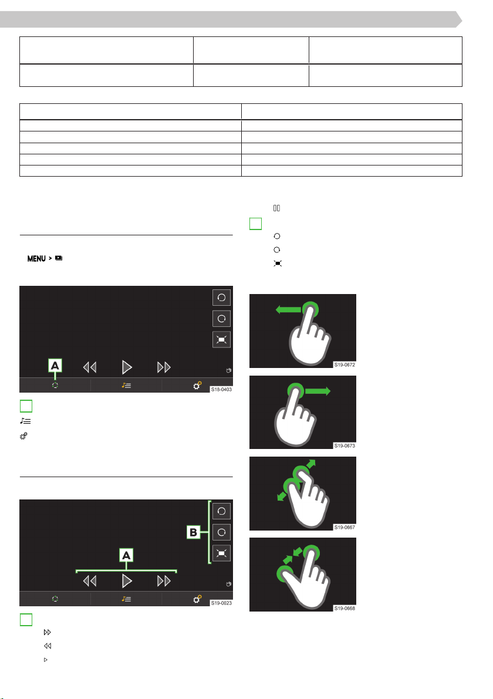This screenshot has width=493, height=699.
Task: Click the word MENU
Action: click(x=36, y=259)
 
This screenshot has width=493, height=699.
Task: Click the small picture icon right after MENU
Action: click(x=59, y=258)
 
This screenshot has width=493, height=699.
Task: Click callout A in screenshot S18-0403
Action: click(x=55, y=366)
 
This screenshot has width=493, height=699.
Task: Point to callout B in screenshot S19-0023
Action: click(x=194, y=532)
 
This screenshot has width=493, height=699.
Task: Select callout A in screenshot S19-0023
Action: click(x=126, y=555)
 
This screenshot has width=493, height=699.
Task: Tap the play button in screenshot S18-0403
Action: click(x=127, y=367)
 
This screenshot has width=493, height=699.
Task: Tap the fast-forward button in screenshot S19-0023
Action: click(x=164, y=581)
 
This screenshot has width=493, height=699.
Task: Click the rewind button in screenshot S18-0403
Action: click(x=90, y=367)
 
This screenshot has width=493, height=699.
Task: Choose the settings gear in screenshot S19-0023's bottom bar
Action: click(x=197, y=599)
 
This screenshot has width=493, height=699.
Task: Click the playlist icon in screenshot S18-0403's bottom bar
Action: click(x=126, y=385)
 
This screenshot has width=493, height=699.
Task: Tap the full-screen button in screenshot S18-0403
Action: click(x=221, y=340)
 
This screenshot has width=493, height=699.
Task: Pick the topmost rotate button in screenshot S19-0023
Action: click(x=221, y=511)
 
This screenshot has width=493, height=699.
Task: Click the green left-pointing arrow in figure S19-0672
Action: click(x=288, y=309)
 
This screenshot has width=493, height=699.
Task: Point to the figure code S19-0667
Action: click(x=345, y=528)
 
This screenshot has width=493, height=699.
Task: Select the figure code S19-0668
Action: click(x=345, y=609)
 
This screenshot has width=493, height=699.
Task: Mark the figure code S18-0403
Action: click(x=221, y=390)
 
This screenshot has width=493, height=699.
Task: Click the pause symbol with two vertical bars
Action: click(x=277, y=208)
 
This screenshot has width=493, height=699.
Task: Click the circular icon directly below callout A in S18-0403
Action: click(x=55, y=385)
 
